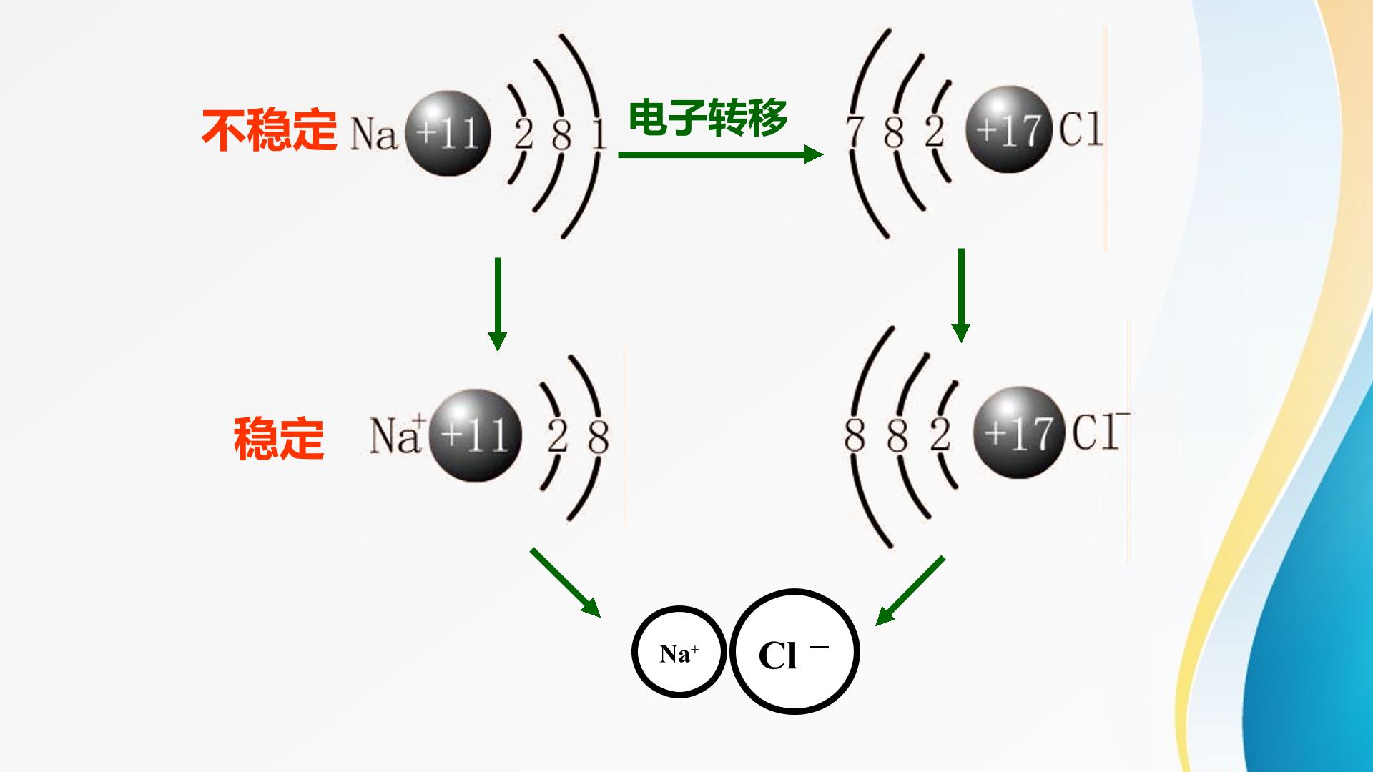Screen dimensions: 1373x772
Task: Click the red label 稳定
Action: (279, 438)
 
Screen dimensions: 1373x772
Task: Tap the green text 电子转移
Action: (708, 117)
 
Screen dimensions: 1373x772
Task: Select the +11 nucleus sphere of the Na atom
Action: (448, 133)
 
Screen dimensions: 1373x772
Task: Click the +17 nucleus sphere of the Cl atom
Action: (1008, 129)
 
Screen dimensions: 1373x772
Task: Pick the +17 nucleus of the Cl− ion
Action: (1018, 432)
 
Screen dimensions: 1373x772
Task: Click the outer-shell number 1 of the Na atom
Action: (599, 134)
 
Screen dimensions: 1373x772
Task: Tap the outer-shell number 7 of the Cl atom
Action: (853, 132)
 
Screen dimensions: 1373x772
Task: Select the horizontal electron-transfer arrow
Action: (721, 154)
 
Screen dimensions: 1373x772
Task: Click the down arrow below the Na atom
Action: (497, 304)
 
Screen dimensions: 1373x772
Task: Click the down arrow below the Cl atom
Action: (961, 295)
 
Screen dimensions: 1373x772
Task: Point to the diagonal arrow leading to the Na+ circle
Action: (565, 582)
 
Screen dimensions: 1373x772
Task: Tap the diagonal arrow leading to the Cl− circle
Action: (910, 590)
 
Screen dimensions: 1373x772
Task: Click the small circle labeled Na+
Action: (679, 652)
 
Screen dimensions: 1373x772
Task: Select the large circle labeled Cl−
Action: (794, 651)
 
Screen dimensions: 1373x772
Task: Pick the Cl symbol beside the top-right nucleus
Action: (1081, 129)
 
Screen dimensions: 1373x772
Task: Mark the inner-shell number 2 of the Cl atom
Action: (934, 132)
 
